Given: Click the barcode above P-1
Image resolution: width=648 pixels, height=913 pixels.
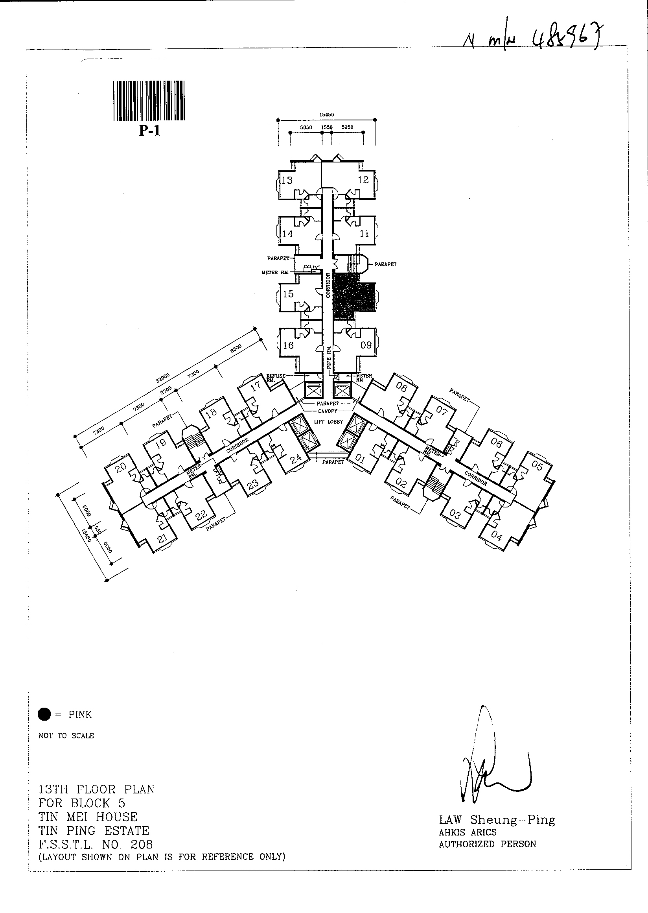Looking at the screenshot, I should (149, 101).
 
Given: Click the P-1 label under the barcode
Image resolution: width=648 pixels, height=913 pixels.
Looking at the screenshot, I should (149, 131).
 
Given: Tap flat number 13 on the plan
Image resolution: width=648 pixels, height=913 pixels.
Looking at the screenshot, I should (287, 180).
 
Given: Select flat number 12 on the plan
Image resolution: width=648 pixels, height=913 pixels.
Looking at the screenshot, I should (363, 180).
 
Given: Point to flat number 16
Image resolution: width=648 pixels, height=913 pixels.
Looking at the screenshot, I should (288, 345).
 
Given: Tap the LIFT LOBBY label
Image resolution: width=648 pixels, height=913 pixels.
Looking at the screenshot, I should (328, 422).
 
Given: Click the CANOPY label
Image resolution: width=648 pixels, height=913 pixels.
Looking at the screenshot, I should (328, 411).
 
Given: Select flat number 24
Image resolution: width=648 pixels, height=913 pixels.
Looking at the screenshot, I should (296, 459).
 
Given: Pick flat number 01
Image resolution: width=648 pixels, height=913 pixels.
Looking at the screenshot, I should (360, 459).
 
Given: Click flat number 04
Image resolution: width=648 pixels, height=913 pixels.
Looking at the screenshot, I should (496, 536).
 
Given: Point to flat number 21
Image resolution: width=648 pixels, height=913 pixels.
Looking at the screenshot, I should (162, 539).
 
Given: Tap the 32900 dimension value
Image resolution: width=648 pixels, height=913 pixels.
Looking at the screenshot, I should (163, 377).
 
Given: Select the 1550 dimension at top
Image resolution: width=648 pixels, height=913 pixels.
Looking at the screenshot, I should (327, 127).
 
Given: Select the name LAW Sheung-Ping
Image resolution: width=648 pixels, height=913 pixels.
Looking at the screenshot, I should (497, 820).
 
